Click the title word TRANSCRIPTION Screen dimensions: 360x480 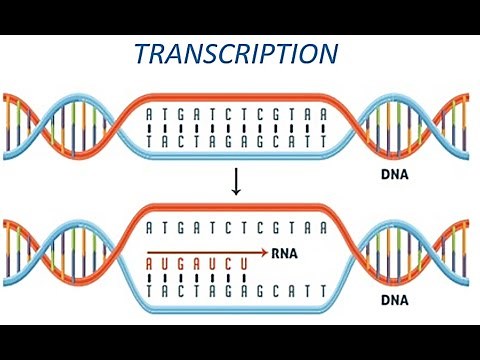[237, 55]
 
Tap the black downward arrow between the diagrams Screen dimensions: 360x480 [236, 182]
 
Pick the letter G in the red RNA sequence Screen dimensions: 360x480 [180, 266]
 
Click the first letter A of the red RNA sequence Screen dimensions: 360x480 [150, 266]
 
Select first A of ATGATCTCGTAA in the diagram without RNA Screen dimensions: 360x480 [150, 115]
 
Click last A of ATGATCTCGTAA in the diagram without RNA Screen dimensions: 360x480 [322, 115]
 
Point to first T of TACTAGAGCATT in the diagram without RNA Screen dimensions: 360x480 [150, 143]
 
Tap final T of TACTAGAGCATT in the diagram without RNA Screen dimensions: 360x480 [322, 143]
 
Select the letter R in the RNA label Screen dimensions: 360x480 [276, 254]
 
